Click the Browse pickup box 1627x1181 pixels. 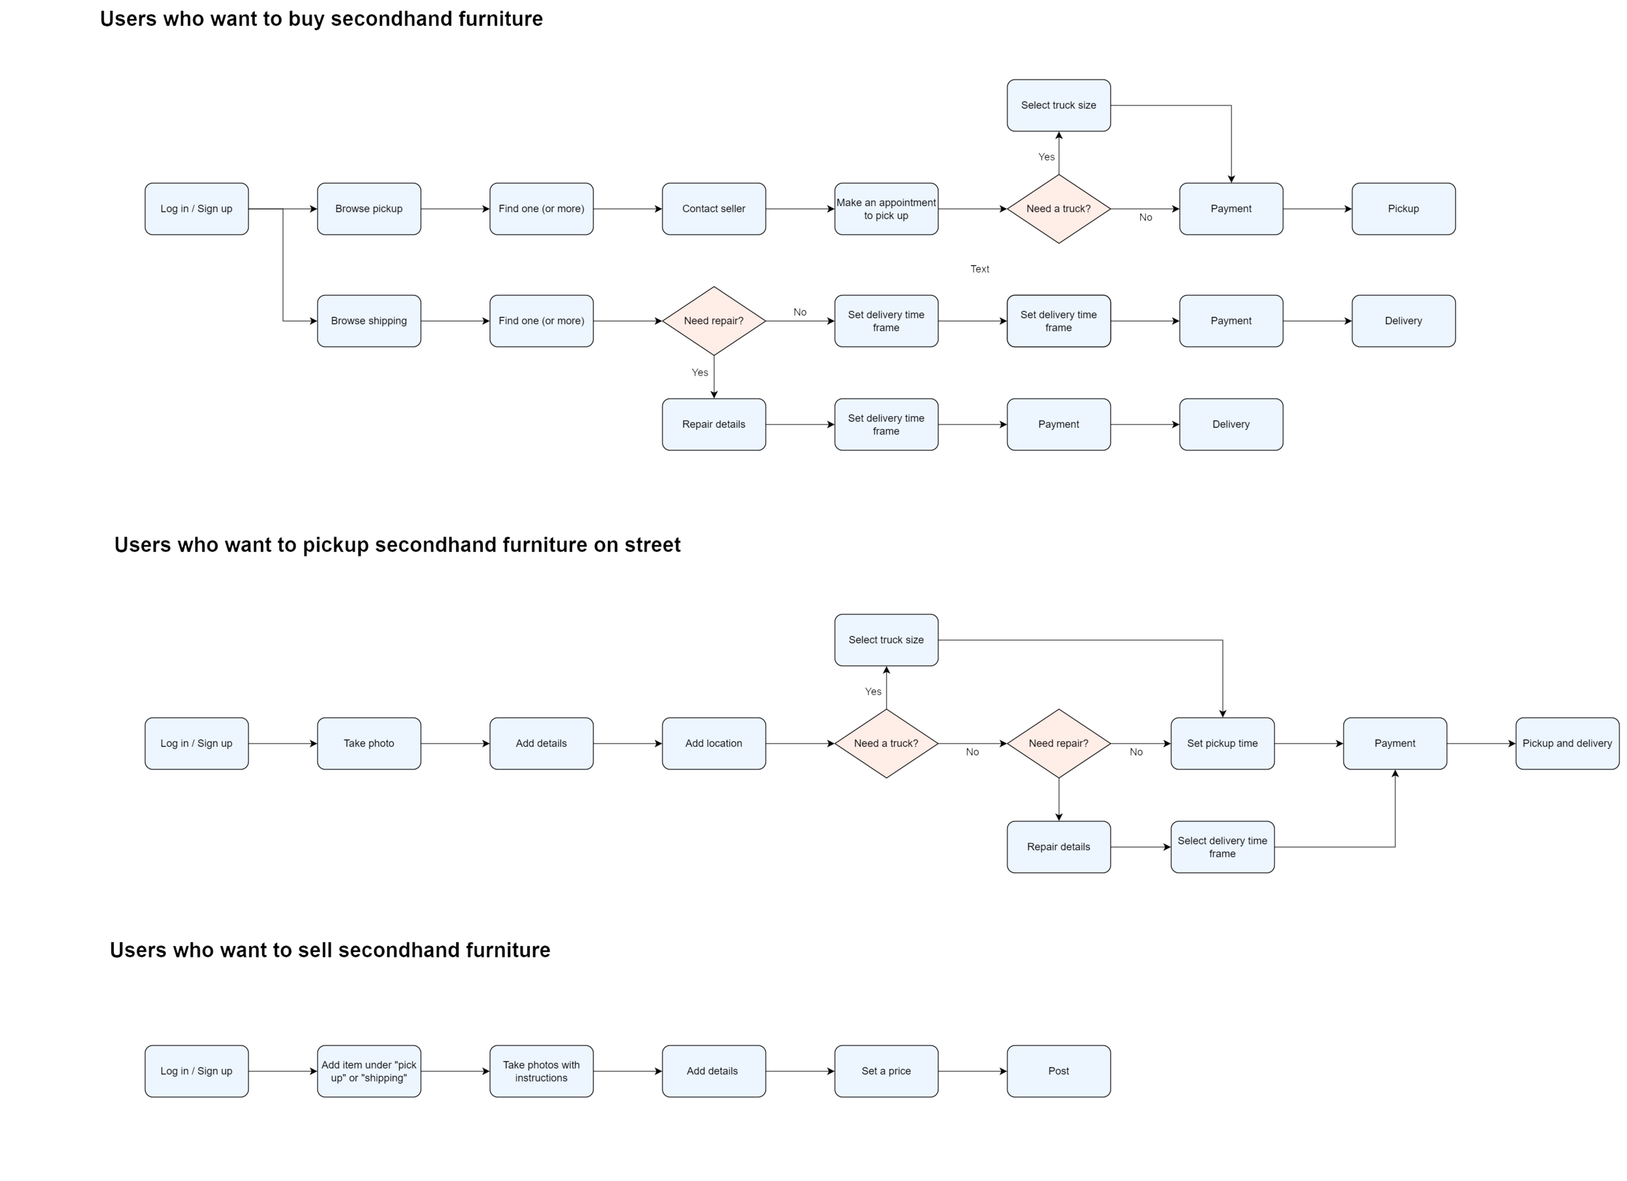click(369, 209)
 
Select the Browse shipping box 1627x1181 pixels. click(369, 321)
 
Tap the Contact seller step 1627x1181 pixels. click(714, 209)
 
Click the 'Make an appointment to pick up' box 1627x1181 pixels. click(886, 209)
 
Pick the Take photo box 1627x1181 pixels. click(369, 743)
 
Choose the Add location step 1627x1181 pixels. click(714, 743)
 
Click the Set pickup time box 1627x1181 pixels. click(1222, 743)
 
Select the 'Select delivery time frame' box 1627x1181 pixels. click(1222, 846)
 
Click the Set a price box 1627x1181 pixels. click(886, 1070)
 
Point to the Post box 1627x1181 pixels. click(1058, 1070)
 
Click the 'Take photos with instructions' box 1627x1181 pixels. click(541, 1070)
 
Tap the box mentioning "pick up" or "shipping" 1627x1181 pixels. click(369, 1070)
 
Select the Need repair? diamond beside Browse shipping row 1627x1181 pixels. click(714, 321)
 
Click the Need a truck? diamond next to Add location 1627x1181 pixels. click(886, 743)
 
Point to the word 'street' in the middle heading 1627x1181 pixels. click(651, 546)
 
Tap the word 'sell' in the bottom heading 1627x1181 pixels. click(314, 951)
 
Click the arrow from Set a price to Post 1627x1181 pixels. click(972, 1071)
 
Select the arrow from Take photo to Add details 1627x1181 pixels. click(455, 744)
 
